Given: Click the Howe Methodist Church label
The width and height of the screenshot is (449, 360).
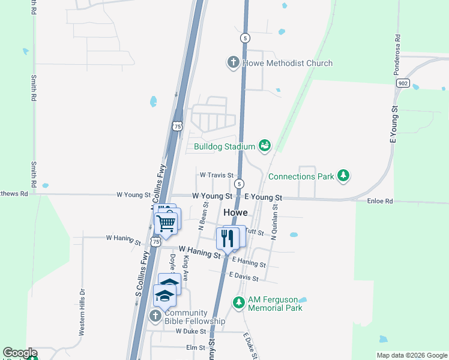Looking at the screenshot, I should (x=287, y=63).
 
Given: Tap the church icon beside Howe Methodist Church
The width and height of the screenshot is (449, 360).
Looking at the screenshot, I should (x=233, y=62).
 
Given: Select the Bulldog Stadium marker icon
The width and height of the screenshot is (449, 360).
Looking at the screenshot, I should (x=264, y=145).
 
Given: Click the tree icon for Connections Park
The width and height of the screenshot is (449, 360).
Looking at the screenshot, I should (x=343, y=176).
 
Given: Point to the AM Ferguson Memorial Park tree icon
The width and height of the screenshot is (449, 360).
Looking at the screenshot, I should (x=238, y=302).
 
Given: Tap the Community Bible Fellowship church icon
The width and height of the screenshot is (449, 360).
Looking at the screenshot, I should (x=155, y=316).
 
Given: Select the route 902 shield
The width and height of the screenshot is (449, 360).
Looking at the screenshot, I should (x=403, y=83).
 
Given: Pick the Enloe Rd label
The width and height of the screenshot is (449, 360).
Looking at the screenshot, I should (x=379, y=202).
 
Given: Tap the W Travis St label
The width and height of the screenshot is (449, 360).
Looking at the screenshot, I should (x=216, y=175).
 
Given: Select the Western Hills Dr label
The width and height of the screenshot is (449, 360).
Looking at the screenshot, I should (x=82, y=313).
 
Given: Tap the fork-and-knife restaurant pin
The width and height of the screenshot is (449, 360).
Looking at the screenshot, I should (x=228, y=238).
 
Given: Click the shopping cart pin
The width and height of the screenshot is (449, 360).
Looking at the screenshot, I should (x=166, y=224).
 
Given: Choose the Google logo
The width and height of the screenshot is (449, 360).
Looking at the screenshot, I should (x=19, y=353).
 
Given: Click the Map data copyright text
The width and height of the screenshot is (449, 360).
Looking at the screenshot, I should (x=411, y=355).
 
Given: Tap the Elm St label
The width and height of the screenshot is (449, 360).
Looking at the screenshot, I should (x=196, y=347).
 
